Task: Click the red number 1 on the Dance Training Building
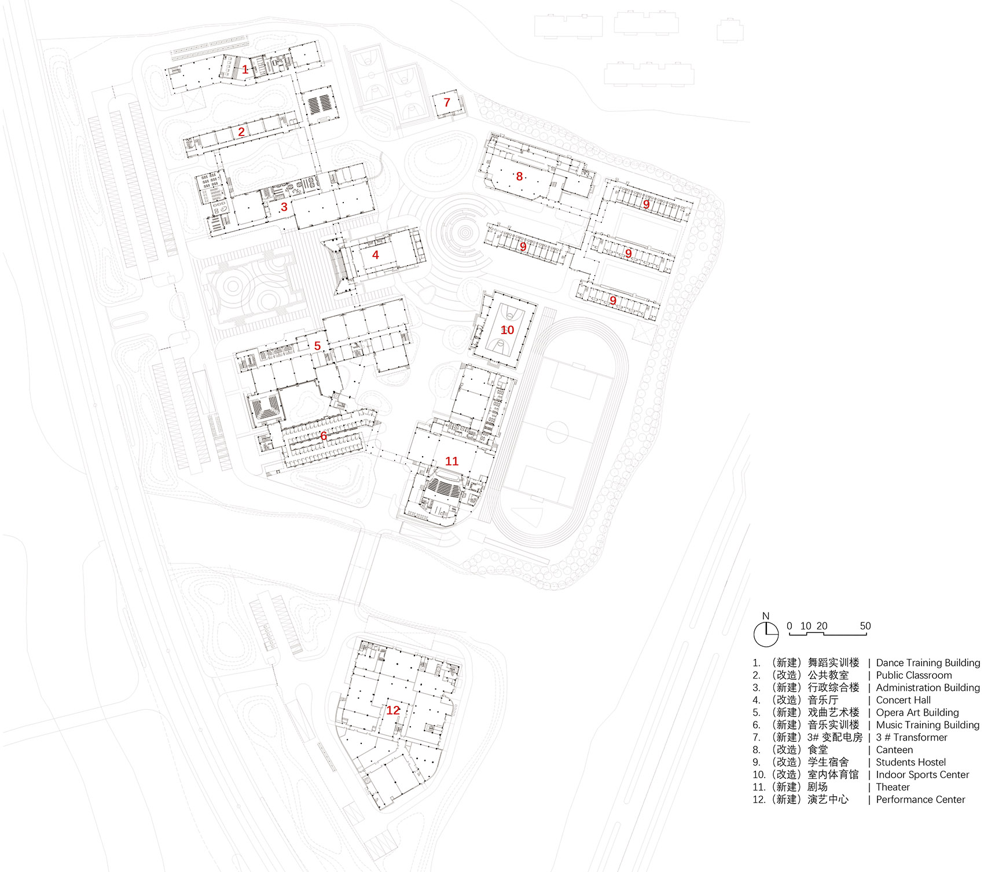[245, 69]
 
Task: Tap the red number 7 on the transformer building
[447, 102]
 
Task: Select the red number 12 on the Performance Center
[393, 710]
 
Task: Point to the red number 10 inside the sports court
[507, 329]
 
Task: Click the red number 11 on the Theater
[451, 461]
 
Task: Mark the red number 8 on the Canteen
[519, 176]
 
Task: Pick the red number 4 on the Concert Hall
[376, 255]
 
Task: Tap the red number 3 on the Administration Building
[284, 207]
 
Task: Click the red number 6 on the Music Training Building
[324, 436]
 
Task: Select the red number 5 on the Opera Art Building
[317, 346]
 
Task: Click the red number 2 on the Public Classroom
[241, 131]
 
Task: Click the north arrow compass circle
[766, 635]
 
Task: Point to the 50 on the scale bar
[865, 626]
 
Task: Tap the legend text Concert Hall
[903, 700]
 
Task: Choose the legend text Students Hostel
[910, 762]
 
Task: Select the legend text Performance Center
[920, 800]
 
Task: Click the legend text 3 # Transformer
[911, 737]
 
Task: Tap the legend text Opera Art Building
[917, 712]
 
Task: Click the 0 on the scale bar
[789, 626]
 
